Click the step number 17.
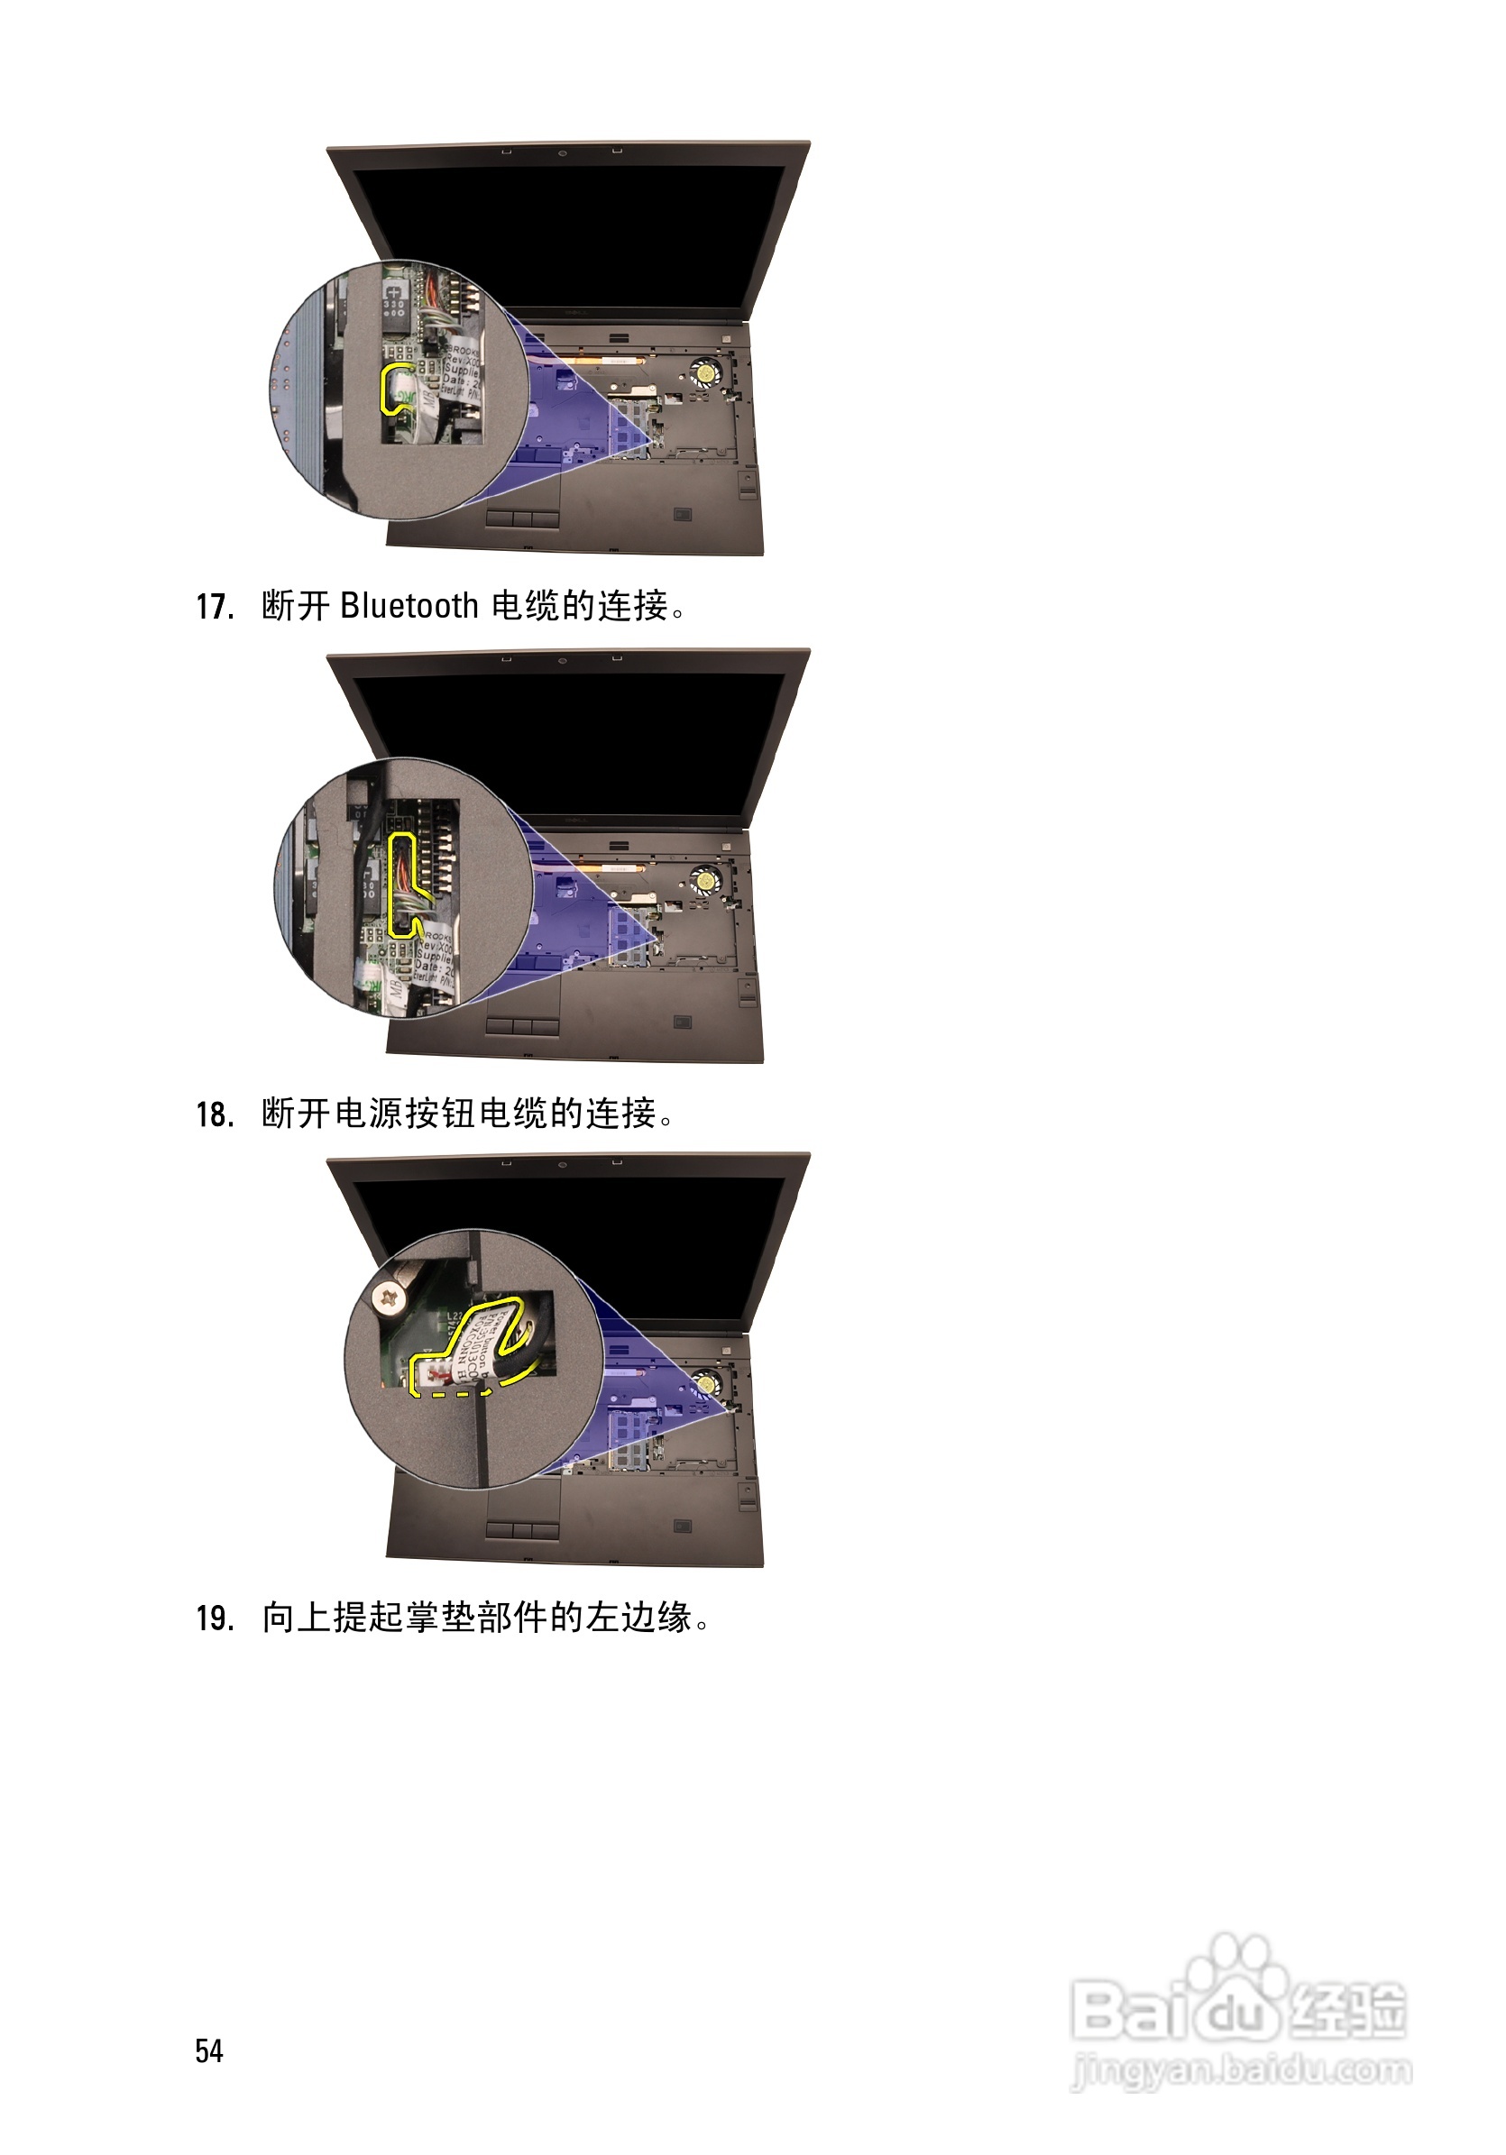[x=215, y=607]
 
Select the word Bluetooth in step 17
[x=409, y=605]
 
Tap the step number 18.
[x=215, y=1115]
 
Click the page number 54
[x=209, y=2050]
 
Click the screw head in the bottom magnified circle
[x=389, y=1298]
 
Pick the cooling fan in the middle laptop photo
[x=703, y=880]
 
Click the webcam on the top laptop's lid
[x=563, y=153]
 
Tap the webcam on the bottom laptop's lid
[x=563, y=1165]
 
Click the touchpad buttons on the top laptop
[x=523, y=519]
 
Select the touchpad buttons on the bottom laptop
[x=523, y=1530]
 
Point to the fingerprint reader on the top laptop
[x=683, y=514]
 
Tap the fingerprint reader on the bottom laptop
[x=683, y=1527]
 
